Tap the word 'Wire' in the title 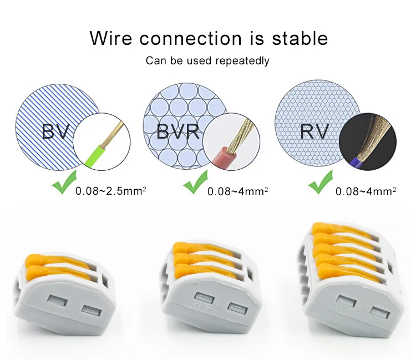111,39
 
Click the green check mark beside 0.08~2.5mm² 63,185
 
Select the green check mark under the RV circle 321,185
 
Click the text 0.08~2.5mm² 111,191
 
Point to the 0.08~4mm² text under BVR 237,191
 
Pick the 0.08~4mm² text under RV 366,191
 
